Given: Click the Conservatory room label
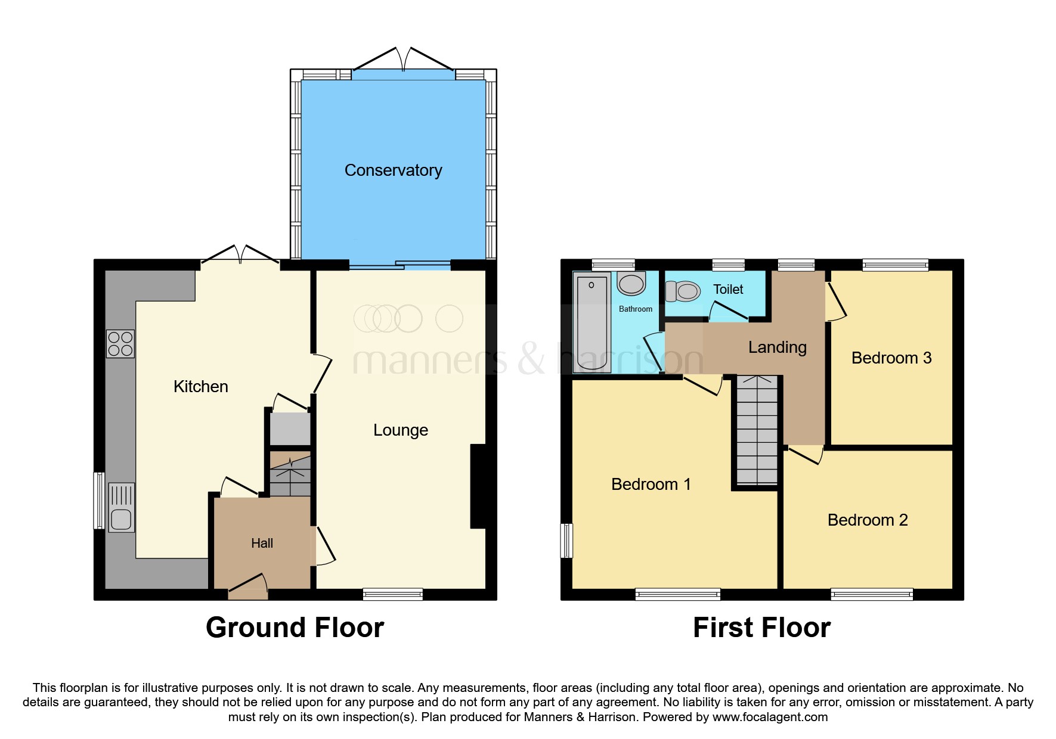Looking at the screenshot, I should (x=393, y=170).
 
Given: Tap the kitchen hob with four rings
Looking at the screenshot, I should (x=120, y=344).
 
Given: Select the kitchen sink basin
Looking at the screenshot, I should (x=121, y=518).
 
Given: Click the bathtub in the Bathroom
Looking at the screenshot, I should (x=592, y=322).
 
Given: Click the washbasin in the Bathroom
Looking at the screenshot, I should (x=631, y=284).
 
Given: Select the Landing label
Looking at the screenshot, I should (x=777, y=347).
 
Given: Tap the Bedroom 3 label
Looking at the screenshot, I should (x=891, y=358).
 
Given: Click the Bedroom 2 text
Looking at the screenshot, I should (x=867, y=520).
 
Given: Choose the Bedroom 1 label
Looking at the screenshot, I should (x=651, y=484).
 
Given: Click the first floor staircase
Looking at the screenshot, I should (x=757, y=430).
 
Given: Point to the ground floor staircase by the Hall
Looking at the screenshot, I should (x=290, y=474).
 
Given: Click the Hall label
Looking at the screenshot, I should (x=262, y=543).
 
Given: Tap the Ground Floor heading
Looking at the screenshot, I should (x=295, y=628).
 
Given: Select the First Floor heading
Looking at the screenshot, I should (x=761, y=628).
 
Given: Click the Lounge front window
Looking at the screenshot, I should (x=392, y=594).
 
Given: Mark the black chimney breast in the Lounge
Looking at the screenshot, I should (x=478, y=486).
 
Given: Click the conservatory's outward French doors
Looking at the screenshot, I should (x=404, y=60).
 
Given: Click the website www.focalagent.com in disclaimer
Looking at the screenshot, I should (x=770, y=717).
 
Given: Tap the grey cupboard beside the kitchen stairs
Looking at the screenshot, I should (x=290, y=429).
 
